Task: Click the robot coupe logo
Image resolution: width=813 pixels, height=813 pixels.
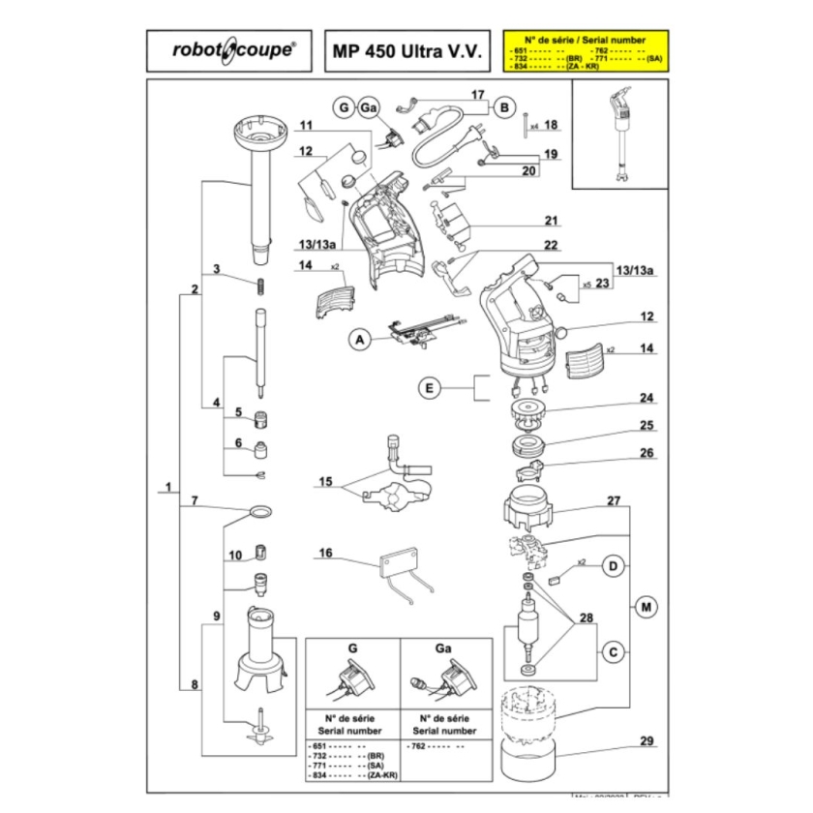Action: [229, 50]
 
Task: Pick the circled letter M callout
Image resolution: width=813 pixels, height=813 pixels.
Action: [646, 607]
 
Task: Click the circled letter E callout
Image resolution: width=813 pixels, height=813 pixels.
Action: [431, 388]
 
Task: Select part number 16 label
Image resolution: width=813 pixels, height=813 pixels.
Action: [325, 553]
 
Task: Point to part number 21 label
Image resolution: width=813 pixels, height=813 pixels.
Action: [552, 220]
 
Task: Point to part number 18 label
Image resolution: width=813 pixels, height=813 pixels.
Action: [551, 125]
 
